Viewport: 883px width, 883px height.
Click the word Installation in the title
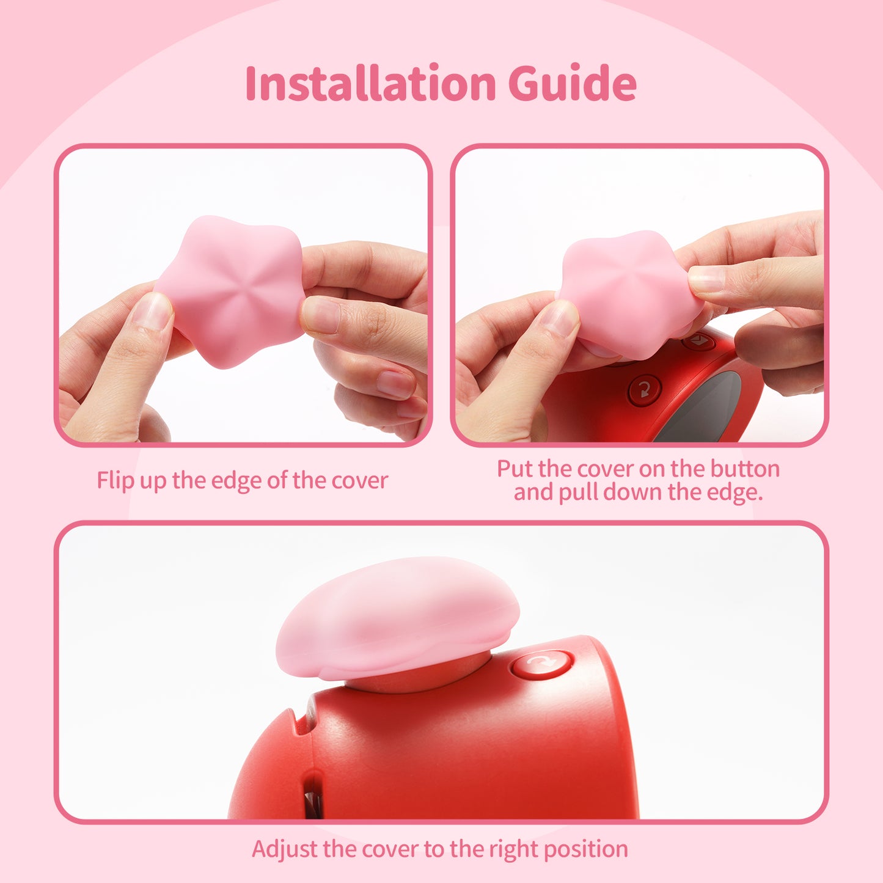pyautogui.click(x=370, y=83)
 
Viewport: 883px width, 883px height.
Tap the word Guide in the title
pyautogui.click(x=572, y=83)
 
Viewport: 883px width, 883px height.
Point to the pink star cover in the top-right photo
pyautogui.click(x=629, y=293)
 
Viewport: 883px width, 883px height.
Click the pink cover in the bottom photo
pyautogui.click(x=397, y=617)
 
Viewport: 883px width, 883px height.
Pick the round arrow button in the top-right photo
pyautogui.click(x=645, y=389)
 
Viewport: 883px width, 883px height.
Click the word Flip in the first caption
pyautogui.click(x=115, y=480)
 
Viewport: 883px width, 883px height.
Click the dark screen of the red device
pyautogui.click(x=703, y=409)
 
